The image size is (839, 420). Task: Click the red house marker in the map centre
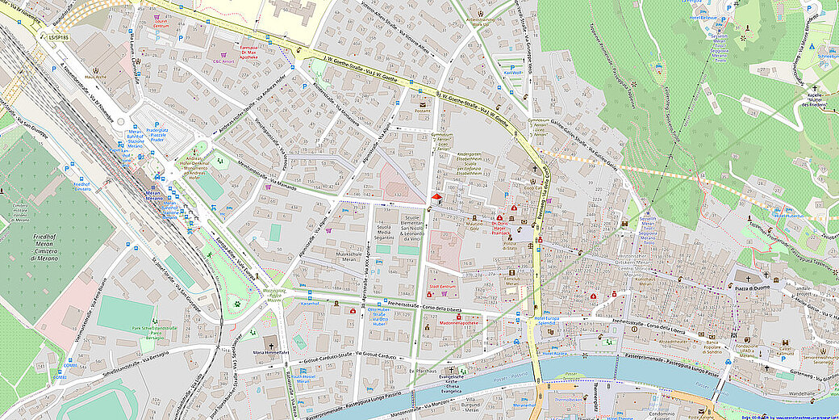point(436,196)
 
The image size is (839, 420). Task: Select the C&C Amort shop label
point(223,61)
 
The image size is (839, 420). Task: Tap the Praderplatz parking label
point(154,132)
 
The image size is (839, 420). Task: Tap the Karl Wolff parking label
point(513,73)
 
